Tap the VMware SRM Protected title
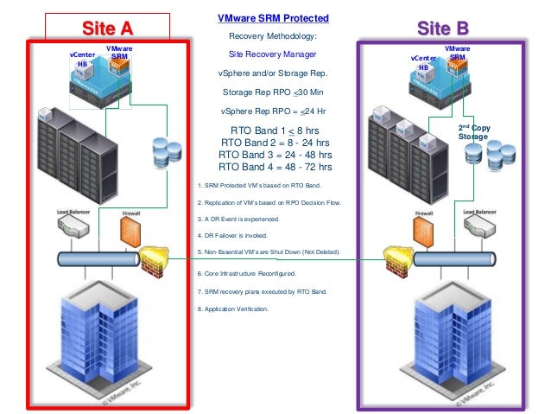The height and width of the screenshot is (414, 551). [273, 18]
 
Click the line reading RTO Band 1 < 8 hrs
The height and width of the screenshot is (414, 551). [273, 131]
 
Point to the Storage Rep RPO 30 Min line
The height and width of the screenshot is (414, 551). [273, 92]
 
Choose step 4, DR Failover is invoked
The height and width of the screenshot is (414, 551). [234, 235]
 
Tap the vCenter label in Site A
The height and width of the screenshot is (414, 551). [82, 54]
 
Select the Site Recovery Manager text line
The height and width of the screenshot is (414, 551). [273, 54]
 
